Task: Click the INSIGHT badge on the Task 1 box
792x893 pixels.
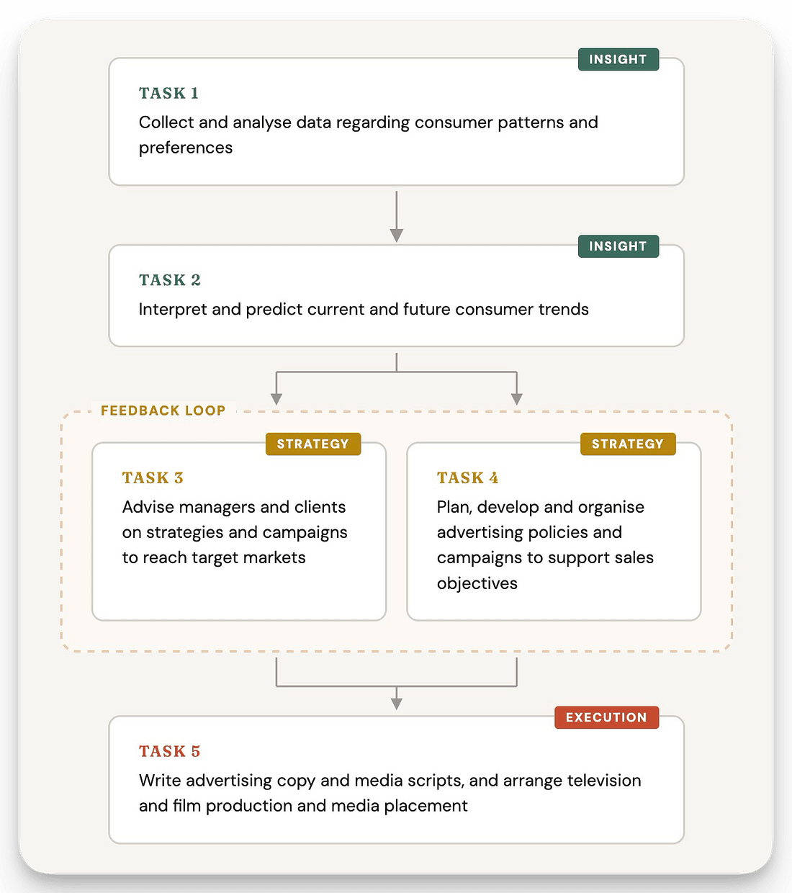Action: [618, 60]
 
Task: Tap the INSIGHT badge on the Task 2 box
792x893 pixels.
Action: [618, 246]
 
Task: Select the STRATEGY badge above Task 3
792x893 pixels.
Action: [313, 444]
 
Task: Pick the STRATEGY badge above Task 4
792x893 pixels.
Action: [628, 444]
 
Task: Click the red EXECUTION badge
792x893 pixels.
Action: [606, 717]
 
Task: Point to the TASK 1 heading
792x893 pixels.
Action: [168, 94]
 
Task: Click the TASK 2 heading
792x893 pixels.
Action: [170, 280]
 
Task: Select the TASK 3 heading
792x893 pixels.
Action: [153, 477]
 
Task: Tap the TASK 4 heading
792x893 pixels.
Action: [467, 477]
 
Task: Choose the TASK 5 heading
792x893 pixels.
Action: [170, 751]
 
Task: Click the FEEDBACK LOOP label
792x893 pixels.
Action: [163, 410]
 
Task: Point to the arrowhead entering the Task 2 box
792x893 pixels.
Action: [397, 235]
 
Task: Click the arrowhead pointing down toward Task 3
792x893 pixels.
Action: [276, 399]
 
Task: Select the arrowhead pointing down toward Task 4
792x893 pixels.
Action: [516, 399]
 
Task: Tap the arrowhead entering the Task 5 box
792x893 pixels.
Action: [397, 704]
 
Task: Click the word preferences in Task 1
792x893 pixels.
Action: [186, 148]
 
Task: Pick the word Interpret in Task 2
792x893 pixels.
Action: [173, 310]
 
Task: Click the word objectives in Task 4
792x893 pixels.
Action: [477, 583]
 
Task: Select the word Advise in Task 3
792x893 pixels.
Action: [148, 507]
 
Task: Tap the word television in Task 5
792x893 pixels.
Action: [604, 781]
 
